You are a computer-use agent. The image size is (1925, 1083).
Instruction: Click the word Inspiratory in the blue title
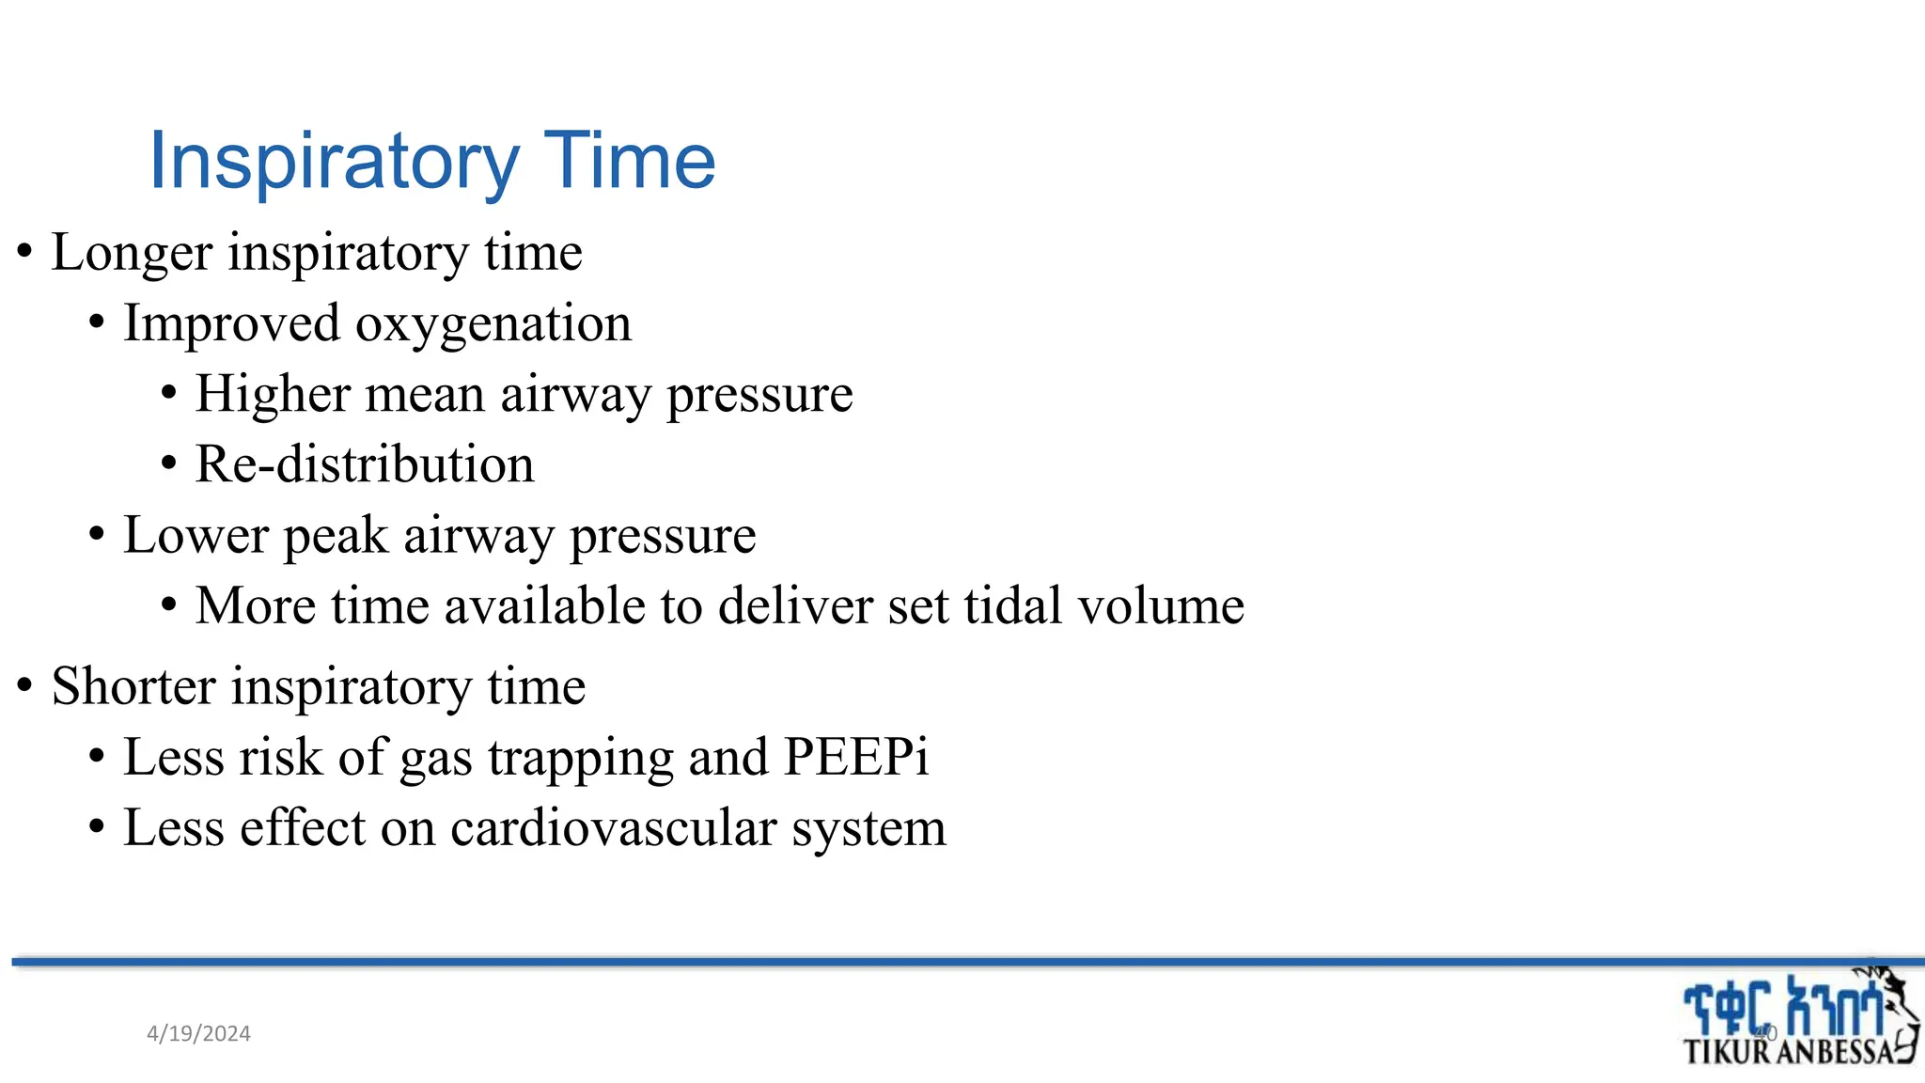coord(334,162)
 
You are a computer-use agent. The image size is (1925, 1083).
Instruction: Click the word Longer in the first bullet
coord(132,253)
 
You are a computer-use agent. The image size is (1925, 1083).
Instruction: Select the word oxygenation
coord(493,324)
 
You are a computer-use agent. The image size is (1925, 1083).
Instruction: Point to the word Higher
coord(273,394)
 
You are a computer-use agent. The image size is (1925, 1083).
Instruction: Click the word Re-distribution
coord(365,464)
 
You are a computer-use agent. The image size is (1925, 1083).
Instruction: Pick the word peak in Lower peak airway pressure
coord(336,537)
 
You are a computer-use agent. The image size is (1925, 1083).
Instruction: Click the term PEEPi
coord(855,757)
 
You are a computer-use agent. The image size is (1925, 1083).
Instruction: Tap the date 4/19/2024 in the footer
coord(198,1034)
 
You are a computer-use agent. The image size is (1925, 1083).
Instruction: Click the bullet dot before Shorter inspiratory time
coord(25,686)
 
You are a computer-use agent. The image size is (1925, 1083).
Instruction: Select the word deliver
coord(795,606)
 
